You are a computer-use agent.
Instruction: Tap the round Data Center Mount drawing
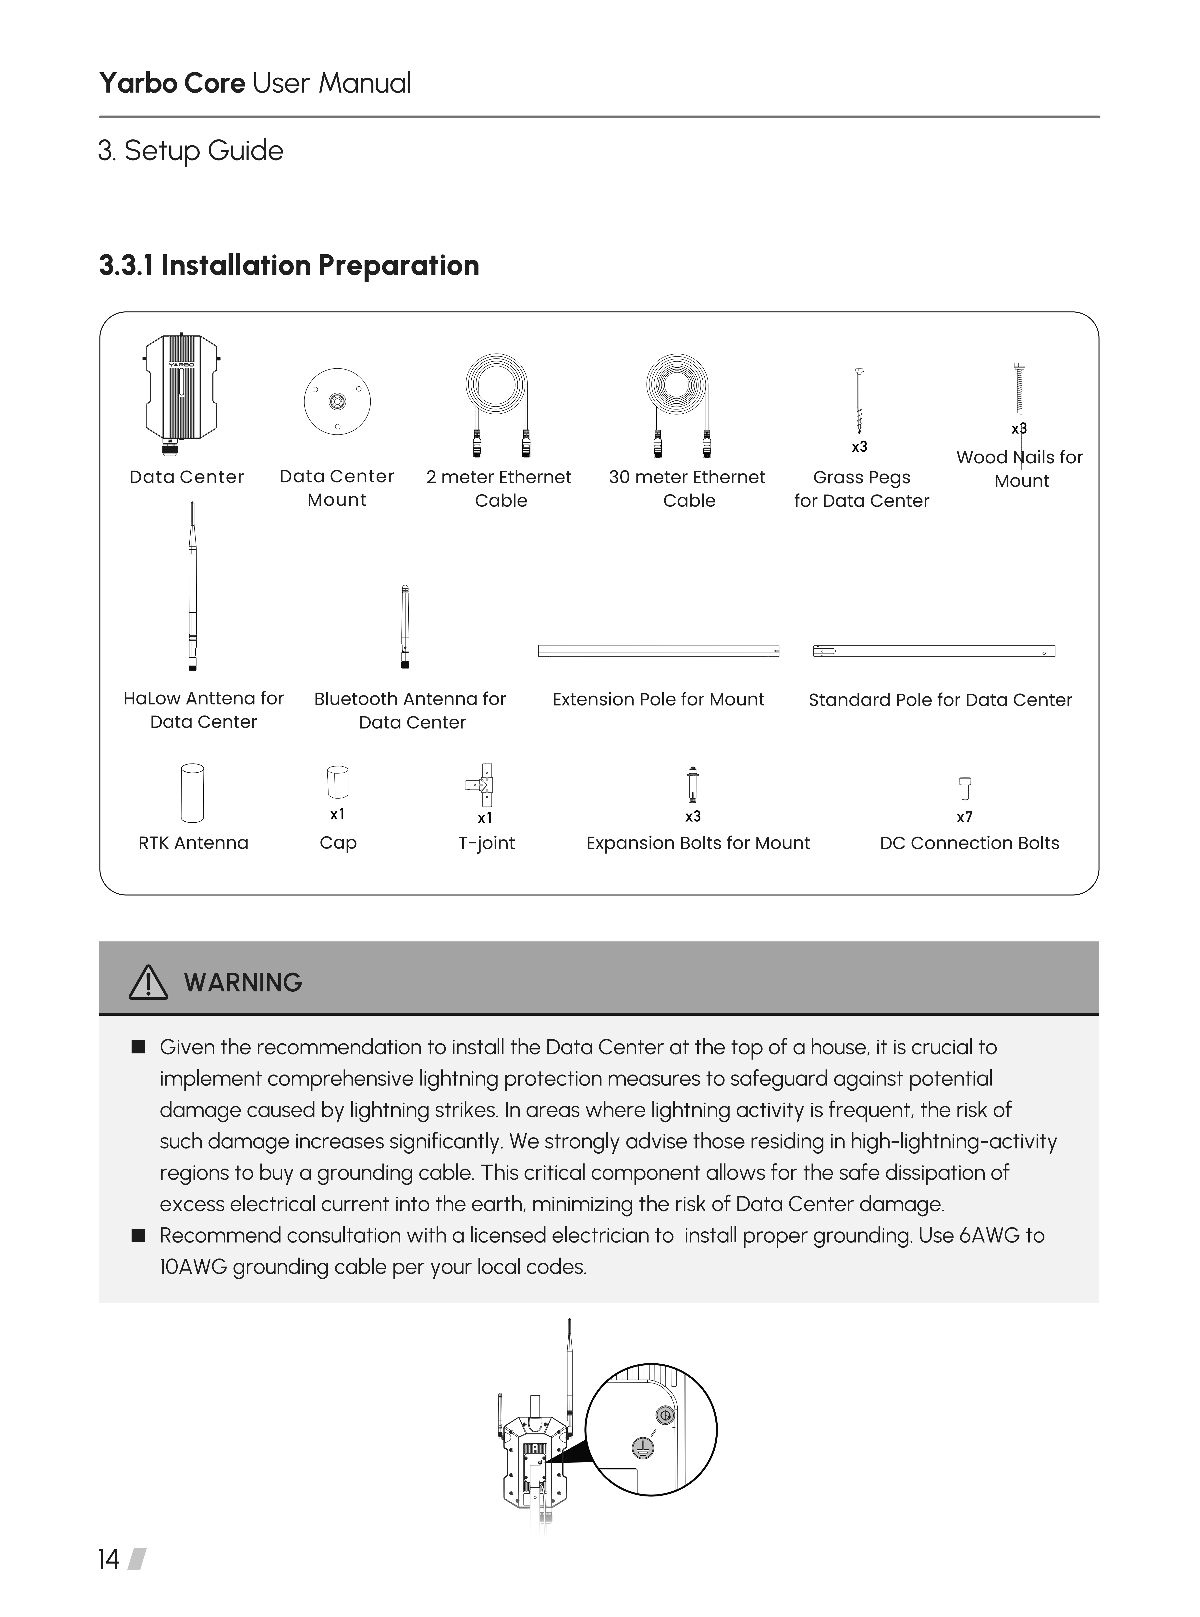coord(337,402)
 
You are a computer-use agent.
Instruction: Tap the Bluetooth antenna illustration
coord(405,626)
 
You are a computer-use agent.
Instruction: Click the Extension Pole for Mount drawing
coord(658,651)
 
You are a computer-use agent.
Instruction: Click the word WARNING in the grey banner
coord(243,983)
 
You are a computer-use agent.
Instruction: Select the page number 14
coord(108,1560)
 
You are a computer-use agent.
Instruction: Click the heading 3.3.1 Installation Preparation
coord(289,266)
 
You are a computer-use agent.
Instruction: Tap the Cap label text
coord(338,843)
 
